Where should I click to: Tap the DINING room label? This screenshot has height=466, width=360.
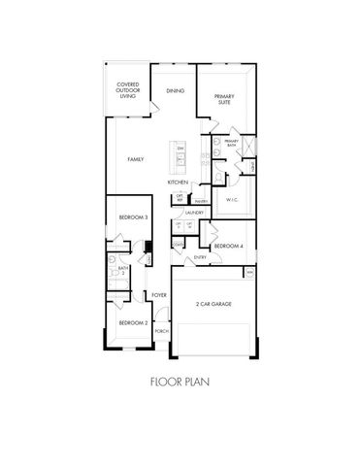[x=175, y=91]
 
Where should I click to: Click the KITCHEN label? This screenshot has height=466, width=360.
[x=177, y=182]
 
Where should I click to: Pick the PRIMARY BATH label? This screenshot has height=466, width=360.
[x=231, y=144]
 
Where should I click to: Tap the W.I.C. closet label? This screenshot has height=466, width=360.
[x=232, y=200]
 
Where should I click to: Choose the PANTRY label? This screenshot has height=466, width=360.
[x=200, y=202]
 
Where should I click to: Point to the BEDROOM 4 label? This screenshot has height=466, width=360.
[x=227, y=246]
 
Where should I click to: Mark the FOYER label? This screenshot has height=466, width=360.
[x=160, y=295]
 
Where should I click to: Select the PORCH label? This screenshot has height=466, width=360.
[x=160, y=330]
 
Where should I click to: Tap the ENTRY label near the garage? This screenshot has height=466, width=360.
[x=201, y=257]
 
